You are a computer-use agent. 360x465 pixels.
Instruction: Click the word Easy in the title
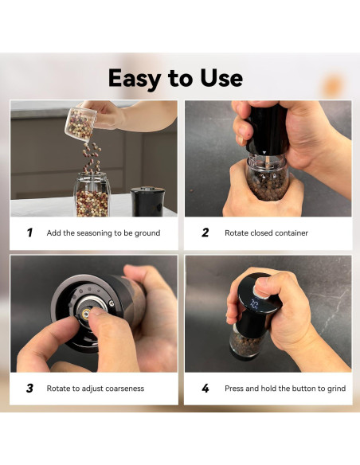pyautogui.click(x=135, y=79)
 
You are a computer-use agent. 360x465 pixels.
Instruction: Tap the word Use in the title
pyautogui.click(x=221, y=78)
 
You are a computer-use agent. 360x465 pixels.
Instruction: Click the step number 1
pyautogui.click(x=29, y=232)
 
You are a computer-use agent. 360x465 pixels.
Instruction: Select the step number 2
pyautogui.click(x=205, y=232)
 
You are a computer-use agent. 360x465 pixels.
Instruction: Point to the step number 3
pyautogui.click(x=29, y=389)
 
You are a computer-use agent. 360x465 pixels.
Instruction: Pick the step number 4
pyautogui.click(x=205, y=389)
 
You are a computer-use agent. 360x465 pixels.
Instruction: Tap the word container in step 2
pyautogui.click(x=292, y=233)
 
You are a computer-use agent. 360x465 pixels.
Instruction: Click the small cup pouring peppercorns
pyautogui.click(x=79, y=123)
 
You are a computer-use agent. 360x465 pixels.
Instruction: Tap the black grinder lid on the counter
pyautogui.click(x=148, y=201)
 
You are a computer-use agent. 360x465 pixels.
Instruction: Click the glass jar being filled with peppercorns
pyautogui.click(x=92, y=195)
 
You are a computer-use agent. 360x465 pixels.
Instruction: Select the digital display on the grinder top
pyautogui.click(x=254, y=303)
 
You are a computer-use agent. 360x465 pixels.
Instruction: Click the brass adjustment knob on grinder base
pyautogui.click(x=86, y=314)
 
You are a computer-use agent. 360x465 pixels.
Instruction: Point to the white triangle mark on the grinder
pyautogui.click(x=264, y=152)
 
